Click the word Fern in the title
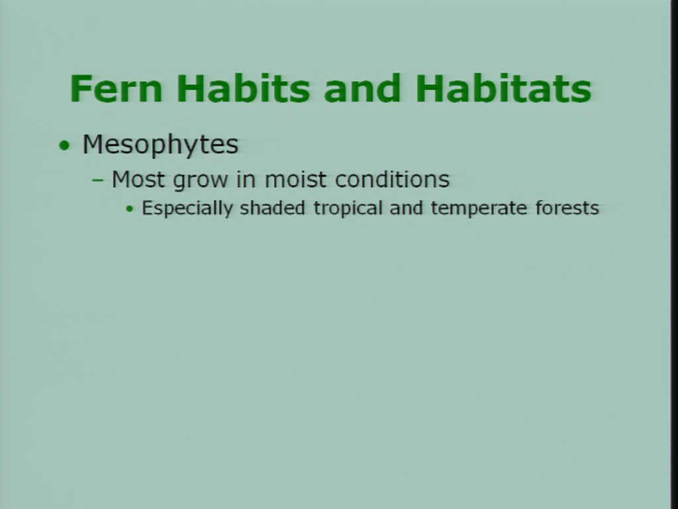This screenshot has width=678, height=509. pyautogui.click(x=116, y=89)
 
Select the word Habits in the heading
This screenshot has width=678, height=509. pyautogui.click(x=244, y=88)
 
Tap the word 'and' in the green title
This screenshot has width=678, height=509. pyautogui.click(x=362, y=88)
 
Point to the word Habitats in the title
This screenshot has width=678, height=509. pyautogui.click(x=503, y=88)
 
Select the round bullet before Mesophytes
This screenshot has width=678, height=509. pyautogui.click(x=64, y=145)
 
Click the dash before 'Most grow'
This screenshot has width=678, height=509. pyautogui.click(x=98, y=180)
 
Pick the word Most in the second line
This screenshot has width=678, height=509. pyautogui.click(x=138, y=179)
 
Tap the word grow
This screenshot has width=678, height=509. pyautogui.click(x=200, y=181)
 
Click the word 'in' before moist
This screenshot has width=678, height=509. pyautogui.click(x=246, y=179)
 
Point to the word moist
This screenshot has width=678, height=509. pyautogui.click(x=295, y=179)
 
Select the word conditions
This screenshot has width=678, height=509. pyautogui.click(x=392, y=179)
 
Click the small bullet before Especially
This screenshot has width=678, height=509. pyautogui.click(x=130, y=209)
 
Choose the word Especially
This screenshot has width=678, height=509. pyautogui.click(x=187, y=209)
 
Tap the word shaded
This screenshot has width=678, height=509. pyautogui.click(x=272, y=207)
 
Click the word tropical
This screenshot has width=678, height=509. pyautogui.click(x=348, y=209)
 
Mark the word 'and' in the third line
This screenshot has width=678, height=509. pyautogui.click(x=406, y=207)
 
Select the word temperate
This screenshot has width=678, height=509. pyautogui.click(x=479, y=209)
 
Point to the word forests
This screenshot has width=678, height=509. pyautogui.click(x=567, y=207)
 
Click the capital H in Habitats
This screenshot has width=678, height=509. pyautogui.click(x=430, y=89)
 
